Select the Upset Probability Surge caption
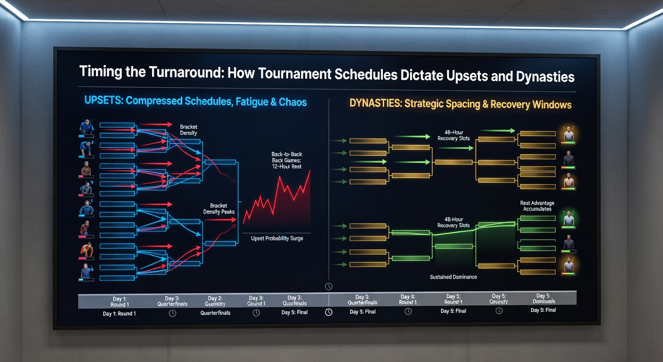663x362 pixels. [x=277, y=239]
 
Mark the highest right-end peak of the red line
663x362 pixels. [x=310, y=171]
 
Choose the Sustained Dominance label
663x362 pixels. [x=453, y=277]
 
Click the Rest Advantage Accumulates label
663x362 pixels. [x=537, y=206]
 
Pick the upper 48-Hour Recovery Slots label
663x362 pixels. [x=453, y=135]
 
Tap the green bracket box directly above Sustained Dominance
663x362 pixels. [x=453, y=246]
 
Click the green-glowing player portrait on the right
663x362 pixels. [x=569, y=219]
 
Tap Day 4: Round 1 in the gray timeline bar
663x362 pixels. [x=408, y=299]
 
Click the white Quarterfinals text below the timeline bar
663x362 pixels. [x=215, y=313]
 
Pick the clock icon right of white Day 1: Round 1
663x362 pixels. [x=172, y=313]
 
